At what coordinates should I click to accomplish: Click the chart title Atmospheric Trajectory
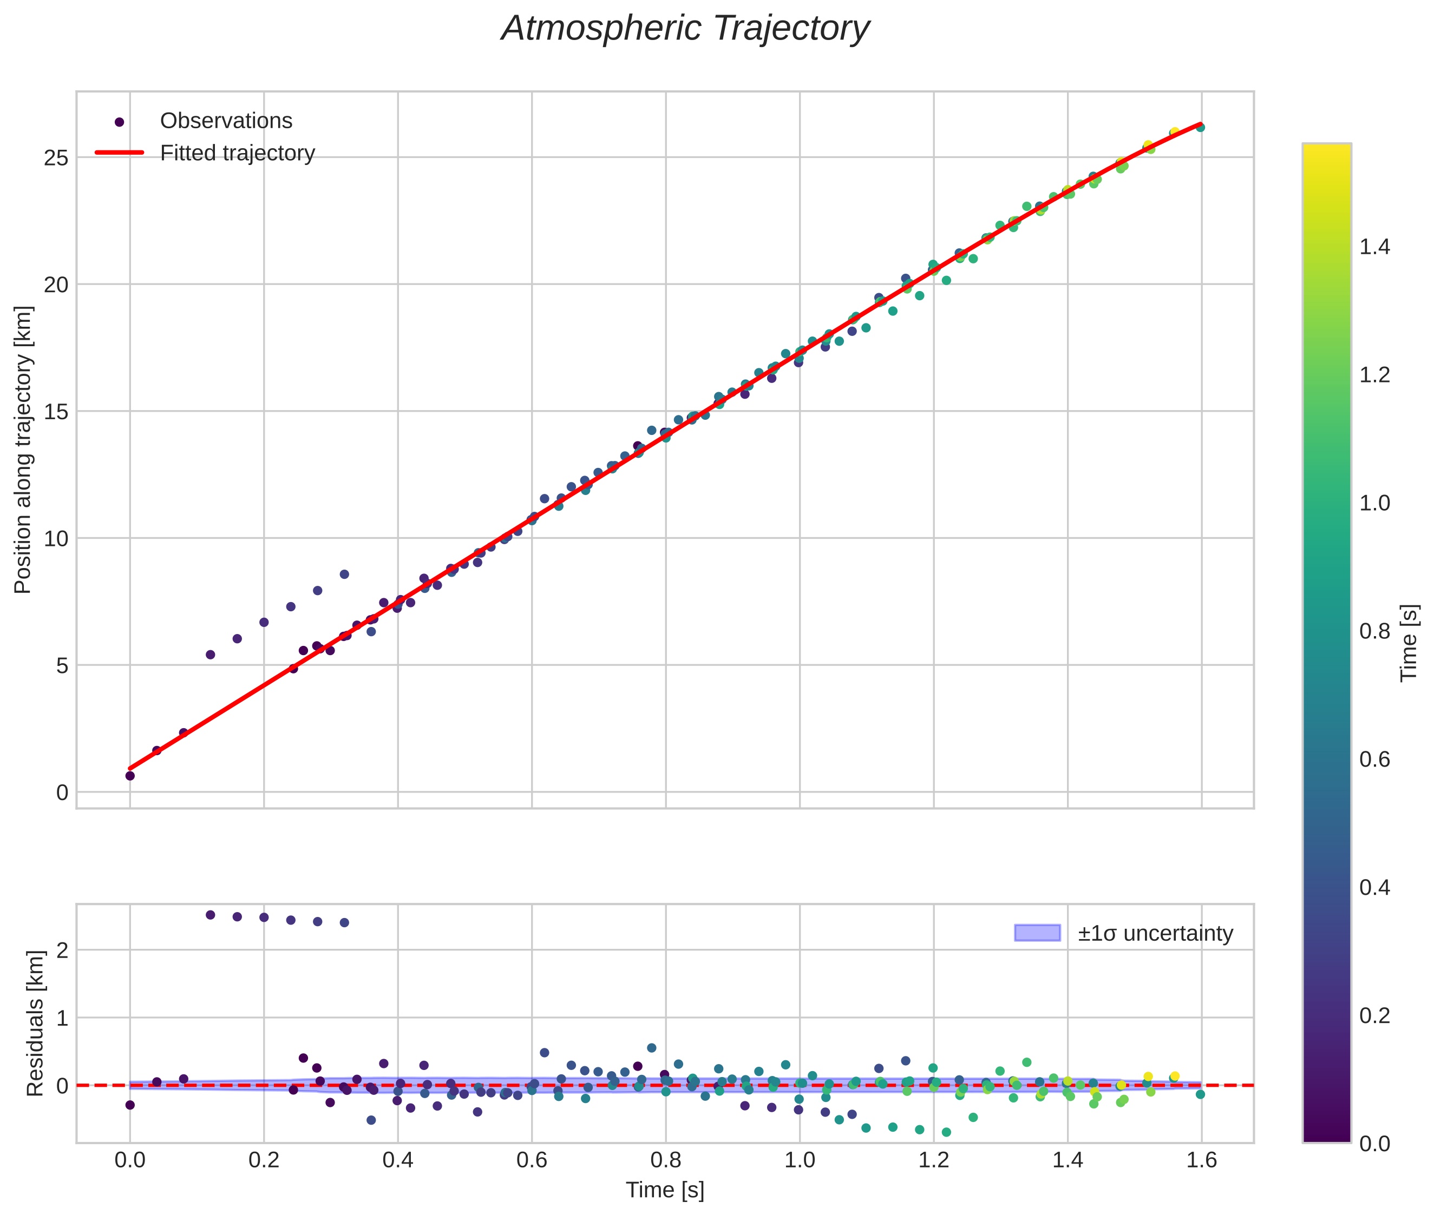pyautogui.click(x=685, y=29)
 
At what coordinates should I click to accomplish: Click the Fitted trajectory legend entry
pyautogui.click(x=237, y=153)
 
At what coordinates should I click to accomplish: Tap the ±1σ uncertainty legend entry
pyautogui.click(x=1155, y=933)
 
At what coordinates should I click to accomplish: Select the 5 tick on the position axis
pyautogui.click(x=62, y=666)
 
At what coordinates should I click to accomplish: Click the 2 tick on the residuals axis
pyautogui.click(x=62, y=950)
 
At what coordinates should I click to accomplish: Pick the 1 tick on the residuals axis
pyautogui.click(x=62, y=1018)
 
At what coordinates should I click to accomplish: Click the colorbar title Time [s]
pyautogui.click(x=1410, y=643)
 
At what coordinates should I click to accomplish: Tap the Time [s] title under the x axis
pyautogui.click(x=665, y=1190)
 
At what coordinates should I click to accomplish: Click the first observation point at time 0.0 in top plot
pyautogui.click(x=129, y=776)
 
